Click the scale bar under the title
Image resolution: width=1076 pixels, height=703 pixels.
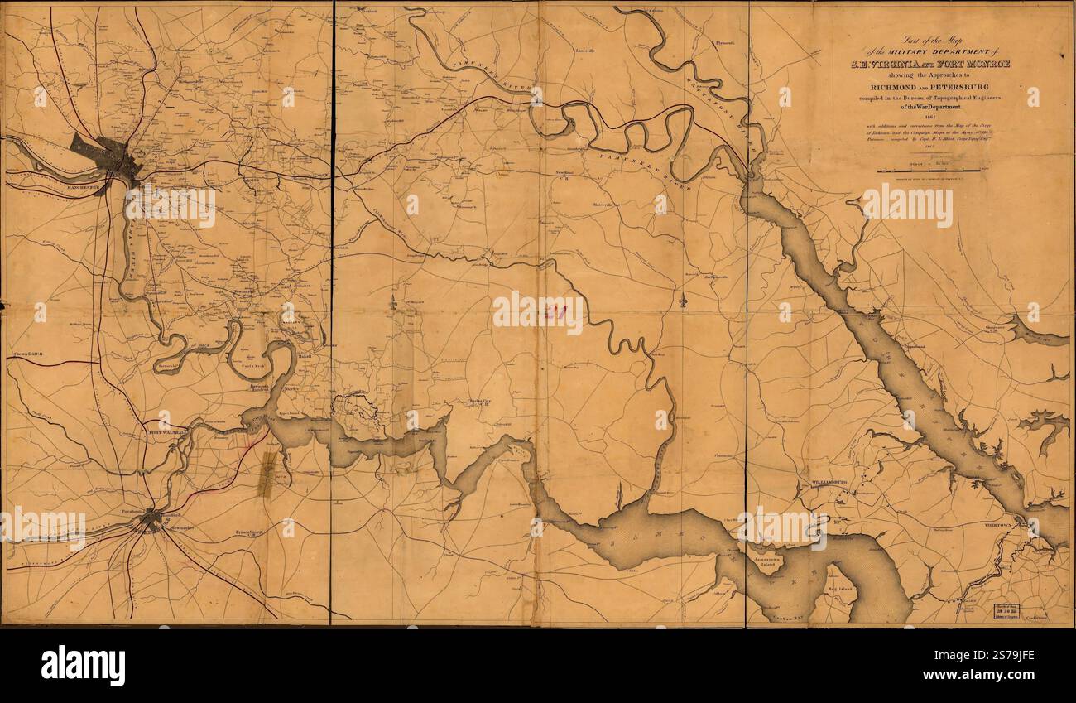930,171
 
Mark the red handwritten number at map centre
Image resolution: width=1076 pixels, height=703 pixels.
550,311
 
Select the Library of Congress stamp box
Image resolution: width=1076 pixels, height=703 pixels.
1009,611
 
